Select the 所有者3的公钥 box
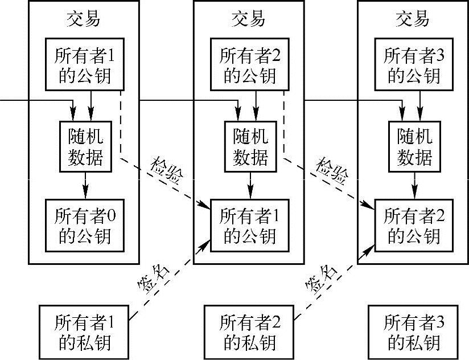(414, 64)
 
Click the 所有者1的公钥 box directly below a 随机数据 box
(249, 225)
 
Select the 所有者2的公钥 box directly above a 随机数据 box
(249, 64)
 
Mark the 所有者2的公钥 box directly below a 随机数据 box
(414, 225)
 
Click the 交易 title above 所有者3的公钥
(413, 19)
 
